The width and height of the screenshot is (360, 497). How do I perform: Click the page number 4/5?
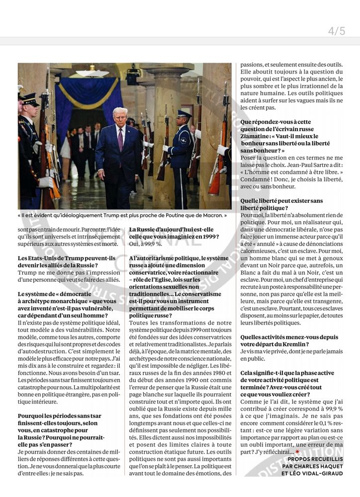[336, 31]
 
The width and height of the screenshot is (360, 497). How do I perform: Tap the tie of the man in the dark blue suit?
[120, 140]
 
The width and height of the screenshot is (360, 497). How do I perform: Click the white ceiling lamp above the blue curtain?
[92, 73]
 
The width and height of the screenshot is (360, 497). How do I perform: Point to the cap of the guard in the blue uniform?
[184, 114]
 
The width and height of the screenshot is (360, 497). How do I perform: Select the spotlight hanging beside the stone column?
[133, 75]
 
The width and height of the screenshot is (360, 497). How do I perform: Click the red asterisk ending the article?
[297, 452]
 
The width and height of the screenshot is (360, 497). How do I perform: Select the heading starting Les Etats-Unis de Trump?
[66, 258]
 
